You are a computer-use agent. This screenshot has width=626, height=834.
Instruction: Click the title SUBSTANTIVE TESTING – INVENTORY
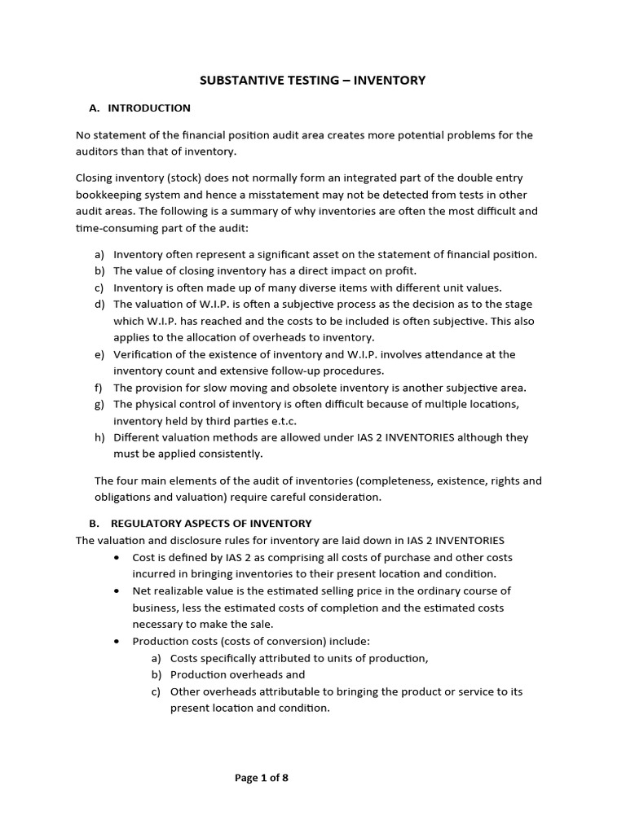(x=313, y=80)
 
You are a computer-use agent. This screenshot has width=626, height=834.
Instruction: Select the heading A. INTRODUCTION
(x=139, y=108)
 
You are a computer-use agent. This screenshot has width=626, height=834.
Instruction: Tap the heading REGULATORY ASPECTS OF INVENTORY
(x=210, y=523)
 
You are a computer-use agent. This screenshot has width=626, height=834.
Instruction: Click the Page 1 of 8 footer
(x=262, y=777)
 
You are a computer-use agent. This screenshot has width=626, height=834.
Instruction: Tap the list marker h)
(x=100, y=437)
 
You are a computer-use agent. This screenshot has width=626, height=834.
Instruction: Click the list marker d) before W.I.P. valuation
(x=100, y=304)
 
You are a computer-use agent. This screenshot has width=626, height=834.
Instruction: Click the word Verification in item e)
(x=145, y=354)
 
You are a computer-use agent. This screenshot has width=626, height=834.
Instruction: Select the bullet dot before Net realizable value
(x=119, y=591)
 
